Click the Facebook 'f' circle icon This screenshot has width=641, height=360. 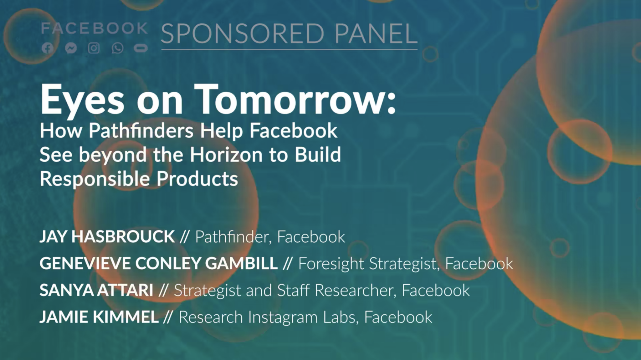click(x=47, y=48)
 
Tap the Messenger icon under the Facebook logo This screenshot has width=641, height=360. click(x=71, y=48)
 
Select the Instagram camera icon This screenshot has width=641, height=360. click(x=94, y=48)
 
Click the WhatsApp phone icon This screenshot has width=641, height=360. click(x=117, y=48)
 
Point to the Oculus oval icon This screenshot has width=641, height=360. click(x=141, y=48)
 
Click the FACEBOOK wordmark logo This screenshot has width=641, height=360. click(x=94, y=28)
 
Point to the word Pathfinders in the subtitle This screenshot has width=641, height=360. click(x=141, y=130)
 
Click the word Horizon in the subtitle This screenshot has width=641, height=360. click(x=226, y=155)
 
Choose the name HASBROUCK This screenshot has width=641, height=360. click(x=123, y=236)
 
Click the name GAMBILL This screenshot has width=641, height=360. click(x=241, y=263)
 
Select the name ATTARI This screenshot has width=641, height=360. click(x=125, y=290)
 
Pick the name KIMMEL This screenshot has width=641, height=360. click(x=126, y=317)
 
